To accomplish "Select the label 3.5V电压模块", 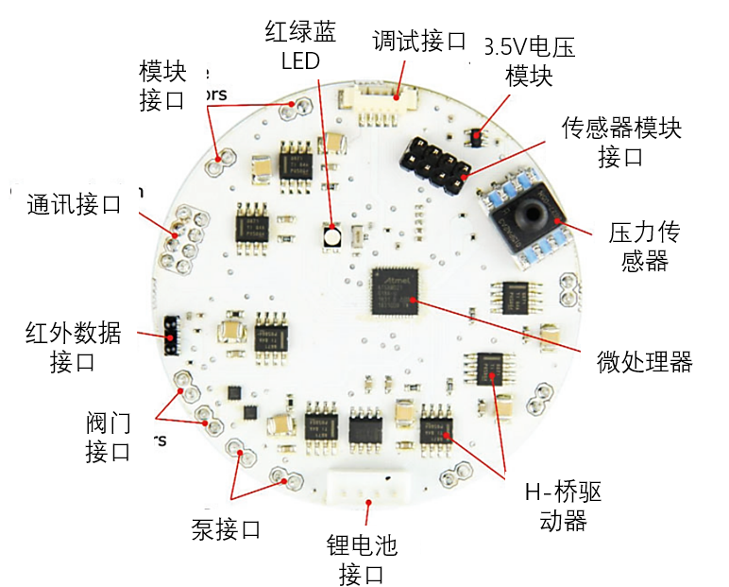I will pyautogui.click(x=529, y=61).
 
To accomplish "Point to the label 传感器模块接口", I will pyautogui.click(x=620, y=141).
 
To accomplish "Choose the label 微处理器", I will pyautogui.click(x=645, y=361).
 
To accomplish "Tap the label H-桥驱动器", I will pyautogui.click(x=563, y=507).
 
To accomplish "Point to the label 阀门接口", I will pyautogui.click(x=108, y=436).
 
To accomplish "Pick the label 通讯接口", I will pyautogui.click(x=75, y=204).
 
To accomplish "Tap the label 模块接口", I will pyautogui.click(x=162, y=86).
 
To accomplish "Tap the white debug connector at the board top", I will pyautogui.click(x=382, y=90).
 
